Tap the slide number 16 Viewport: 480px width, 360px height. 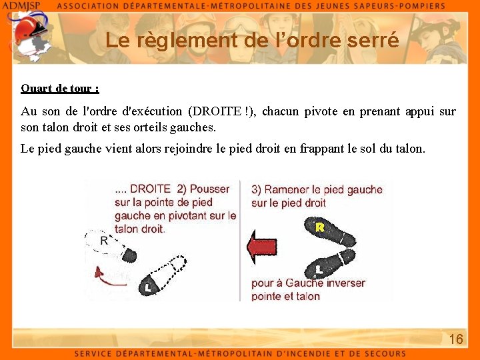pos(456,339)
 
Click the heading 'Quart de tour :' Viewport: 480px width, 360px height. pos(60,88)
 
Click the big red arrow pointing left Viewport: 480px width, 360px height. pos(261,247)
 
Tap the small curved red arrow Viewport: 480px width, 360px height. pos(102,272)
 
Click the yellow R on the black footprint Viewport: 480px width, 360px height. pos(320,228)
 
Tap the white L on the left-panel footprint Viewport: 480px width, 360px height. pos(147,287)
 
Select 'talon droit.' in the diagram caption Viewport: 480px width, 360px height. pos(139,229)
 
